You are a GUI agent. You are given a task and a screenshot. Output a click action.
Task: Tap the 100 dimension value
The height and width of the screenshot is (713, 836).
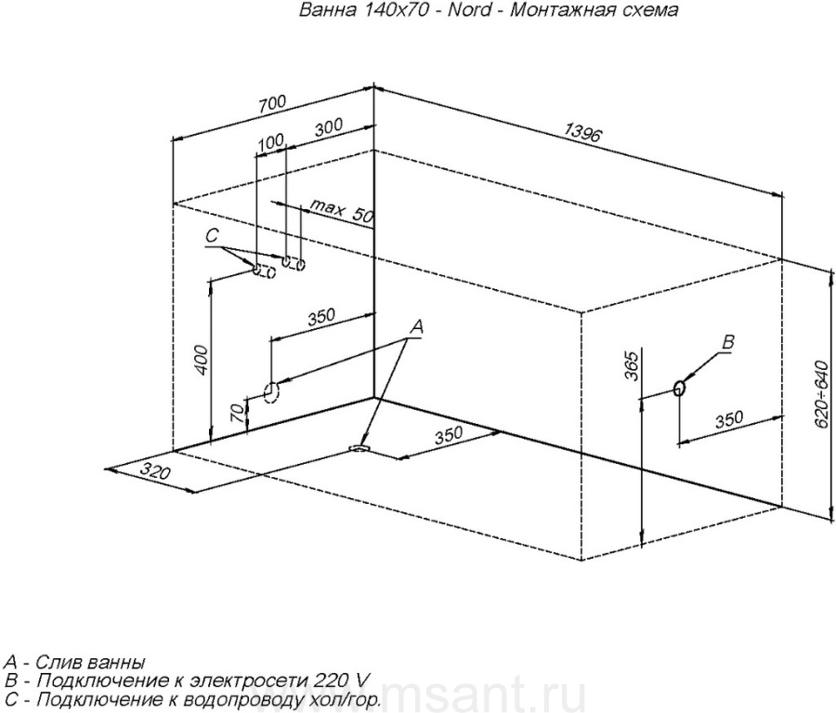point(271,141)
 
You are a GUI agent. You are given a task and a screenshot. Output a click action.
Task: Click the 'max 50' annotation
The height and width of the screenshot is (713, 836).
point(341,211)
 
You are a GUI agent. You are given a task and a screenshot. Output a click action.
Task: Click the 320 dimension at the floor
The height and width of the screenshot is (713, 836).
point(156,472)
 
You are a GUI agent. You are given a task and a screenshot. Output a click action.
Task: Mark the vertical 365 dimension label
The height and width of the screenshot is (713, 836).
point(631,366)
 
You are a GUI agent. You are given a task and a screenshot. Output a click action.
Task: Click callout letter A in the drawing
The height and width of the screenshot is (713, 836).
point(416,326)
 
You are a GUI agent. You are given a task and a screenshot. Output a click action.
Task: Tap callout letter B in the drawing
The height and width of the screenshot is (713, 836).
point(728,341)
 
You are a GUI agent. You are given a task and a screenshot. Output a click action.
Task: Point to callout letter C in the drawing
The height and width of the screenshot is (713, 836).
point(212,235)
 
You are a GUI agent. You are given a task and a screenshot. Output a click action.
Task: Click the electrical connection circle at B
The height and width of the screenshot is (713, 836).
point(679,388)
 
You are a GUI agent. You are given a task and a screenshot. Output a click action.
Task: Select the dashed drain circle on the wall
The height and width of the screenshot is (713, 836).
point(271,393)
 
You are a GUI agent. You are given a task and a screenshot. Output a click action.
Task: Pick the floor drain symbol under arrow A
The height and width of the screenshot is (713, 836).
point(359,448)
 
